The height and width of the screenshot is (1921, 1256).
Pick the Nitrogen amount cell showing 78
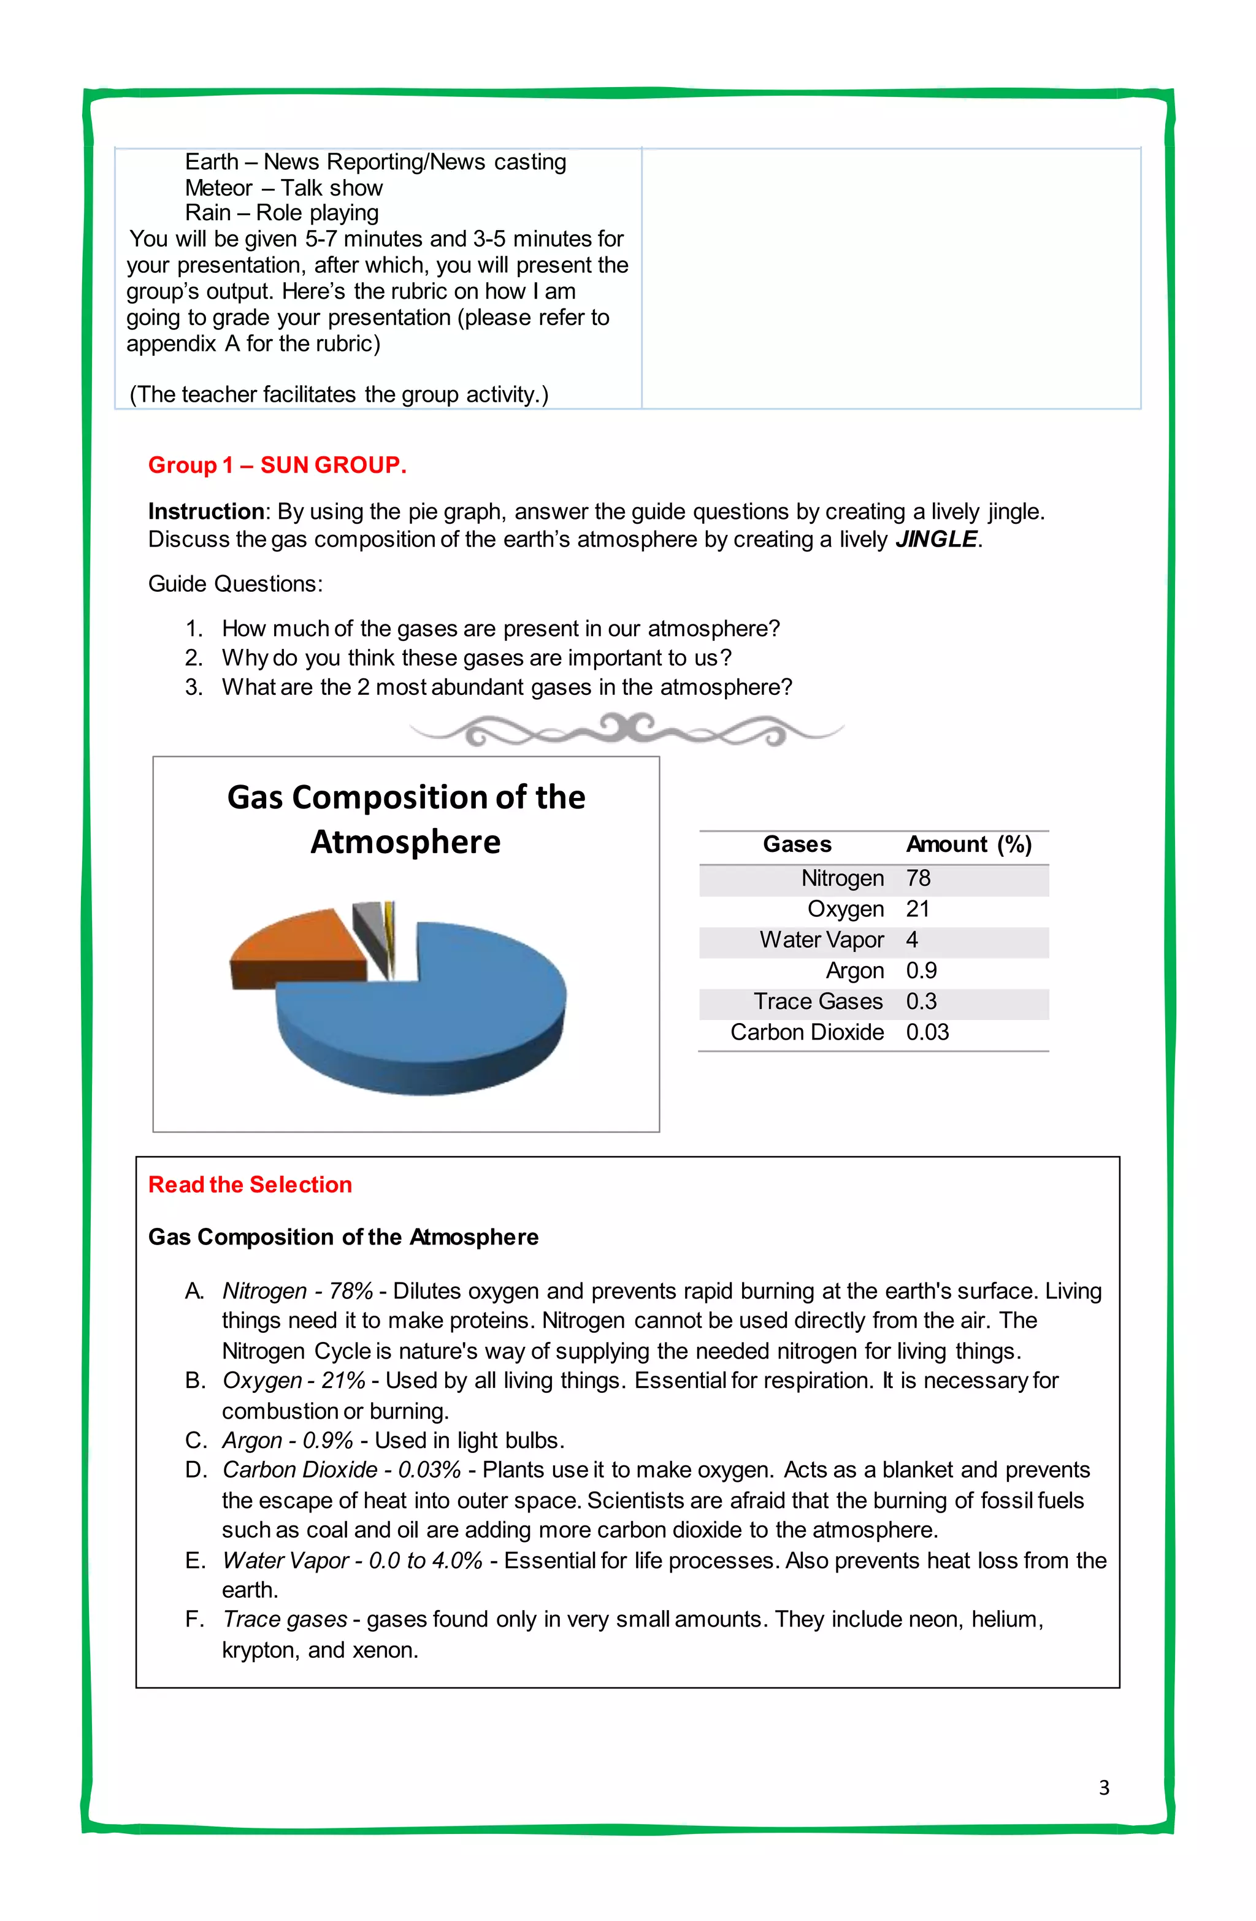pyautogui.click(x=918, y=878)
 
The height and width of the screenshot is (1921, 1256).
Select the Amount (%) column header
pyautogui.click(x=968, y=845)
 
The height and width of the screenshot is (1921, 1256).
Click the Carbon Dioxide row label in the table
pyautogui.click(x=806, y=1032)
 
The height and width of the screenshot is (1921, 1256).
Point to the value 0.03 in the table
pyautogui.click(x=927, y=1032)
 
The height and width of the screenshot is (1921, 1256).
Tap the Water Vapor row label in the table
pyautogui.click(x=821, y=940)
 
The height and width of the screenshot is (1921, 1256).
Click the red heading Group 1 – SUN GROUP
pyautogui.click(x=277, y=465)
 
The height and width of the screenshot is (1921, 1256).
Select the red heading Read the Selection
pyautogui.click(x=250, y=1184)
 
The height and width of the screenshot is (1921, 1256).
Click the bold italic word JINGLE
pyautogui.click(x=936, y=539)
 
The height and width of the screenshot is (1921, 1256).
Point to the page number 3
pyautogui.click(x=1103, y=1787)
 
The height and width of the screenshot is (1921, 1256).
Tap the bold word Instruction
pyautogui.click(x=206, y=512)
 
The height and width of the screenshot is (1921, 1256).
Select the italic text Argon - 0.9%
pyautogui.click(x=288, y=1440)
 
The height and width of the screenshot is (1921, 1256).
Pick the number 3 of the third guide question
pyautogui.click(x=193, y=687)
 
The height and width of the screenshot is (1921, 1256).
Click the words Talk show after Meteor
pyautogui.click(x=331, y=188)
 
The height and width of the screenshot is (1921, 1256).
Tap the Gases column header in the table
pyautogui.click(x=797, y=845)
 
